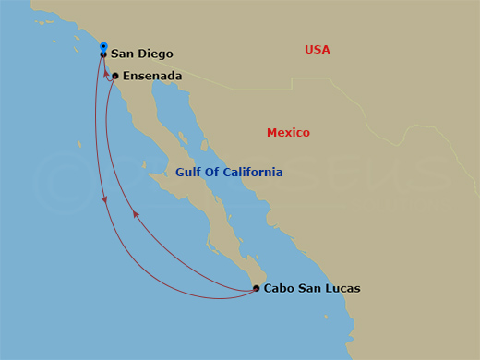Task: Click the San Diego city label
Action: point(141,54)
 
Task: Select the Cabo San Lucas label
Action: point(312,289)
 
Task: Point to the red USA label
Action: point(318,50)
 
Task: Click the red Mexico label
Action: point(288,133)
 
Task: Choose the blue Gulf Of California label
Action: point(229,173)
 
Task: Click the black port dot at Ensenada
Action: point(115,77)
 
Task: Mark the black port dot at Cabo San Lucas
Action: point(256,289)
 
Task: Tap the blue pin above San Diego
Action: point(103,46)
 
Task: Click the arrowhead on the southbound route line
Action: point(104,199)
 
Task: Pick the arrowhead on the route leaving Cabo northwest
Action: point(136,213)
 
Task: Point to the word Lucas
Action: point(341,289)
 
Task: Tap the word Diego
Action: point(156,54)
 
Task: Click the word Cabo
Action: point(279,289)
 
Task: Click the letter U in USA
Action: point(309,50)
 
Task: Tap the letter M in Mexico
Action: point(271,133)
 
